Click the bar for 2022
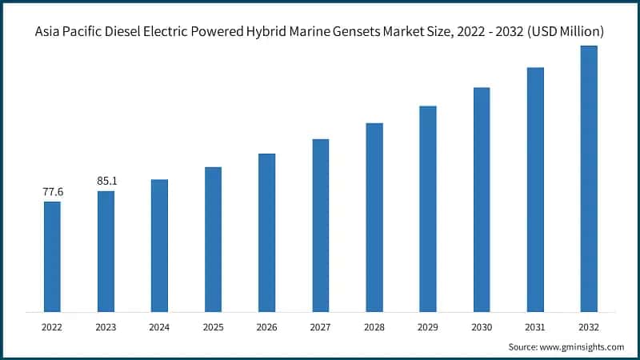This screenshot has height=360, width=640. click(x=52, y=256)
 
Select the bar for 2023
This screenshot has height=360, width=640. click(x=106, y=251)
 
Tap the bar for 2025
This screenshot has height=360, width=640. click(x=213, y=239)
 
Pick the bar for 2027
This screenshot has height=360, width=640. click(x=320, y=225)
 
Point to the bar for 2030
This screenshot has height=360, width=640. click(x=482, y=199)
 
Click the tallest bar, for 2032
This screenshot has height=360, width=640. click(x=589, y=178)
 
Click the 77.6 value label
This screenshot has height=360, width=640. click(x=52, y=192)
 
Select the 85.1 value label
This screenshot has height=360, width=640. click(x=106, y=182)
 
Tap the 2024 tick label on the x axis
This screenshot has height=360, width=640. click(x=159, y=326)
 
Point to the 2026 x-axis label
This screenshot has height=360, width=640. click(x=266, y=326)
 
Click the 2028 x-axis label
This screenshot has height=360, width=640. click(x=374, y=326)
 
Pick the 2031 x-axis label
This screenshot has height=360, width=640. click(x=535, y=326)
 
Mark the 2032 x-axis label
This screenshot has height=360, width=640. click(x=589, y=326)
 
